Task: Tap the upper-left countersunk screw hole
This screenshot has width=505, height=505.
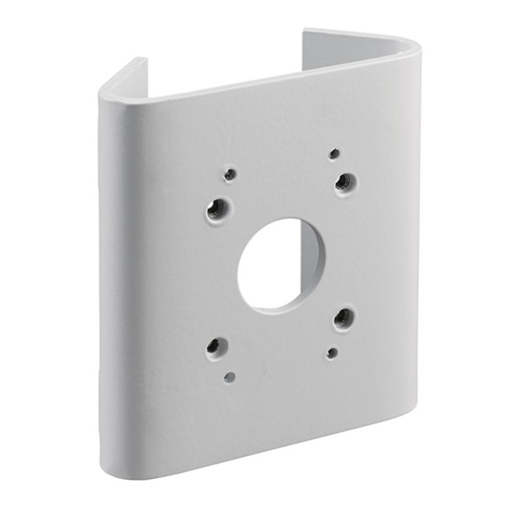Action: tap(218, 206)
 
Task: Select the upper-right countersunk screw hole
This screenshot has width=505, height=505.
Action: tap(344, 182)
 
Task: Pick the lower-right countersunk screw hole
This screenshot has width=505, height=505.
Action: tap(343, 317)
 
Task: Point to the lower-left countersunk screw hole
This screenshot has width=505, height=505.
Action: tap(217, 345)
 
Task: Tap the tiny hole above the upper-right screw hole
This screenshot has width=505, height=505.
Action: tap(334, 154)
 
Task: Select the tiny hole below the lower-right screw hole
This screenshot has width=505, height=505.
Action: tap(332, 353)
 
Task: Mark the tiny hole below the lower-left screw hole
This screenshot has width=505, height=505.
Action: tap(230, 376)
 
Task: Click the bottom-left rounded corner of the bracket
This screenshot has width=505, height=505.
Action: tap(114, 454)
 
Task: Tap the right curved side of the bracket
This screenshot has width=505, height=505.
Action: tap(407, 236)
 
